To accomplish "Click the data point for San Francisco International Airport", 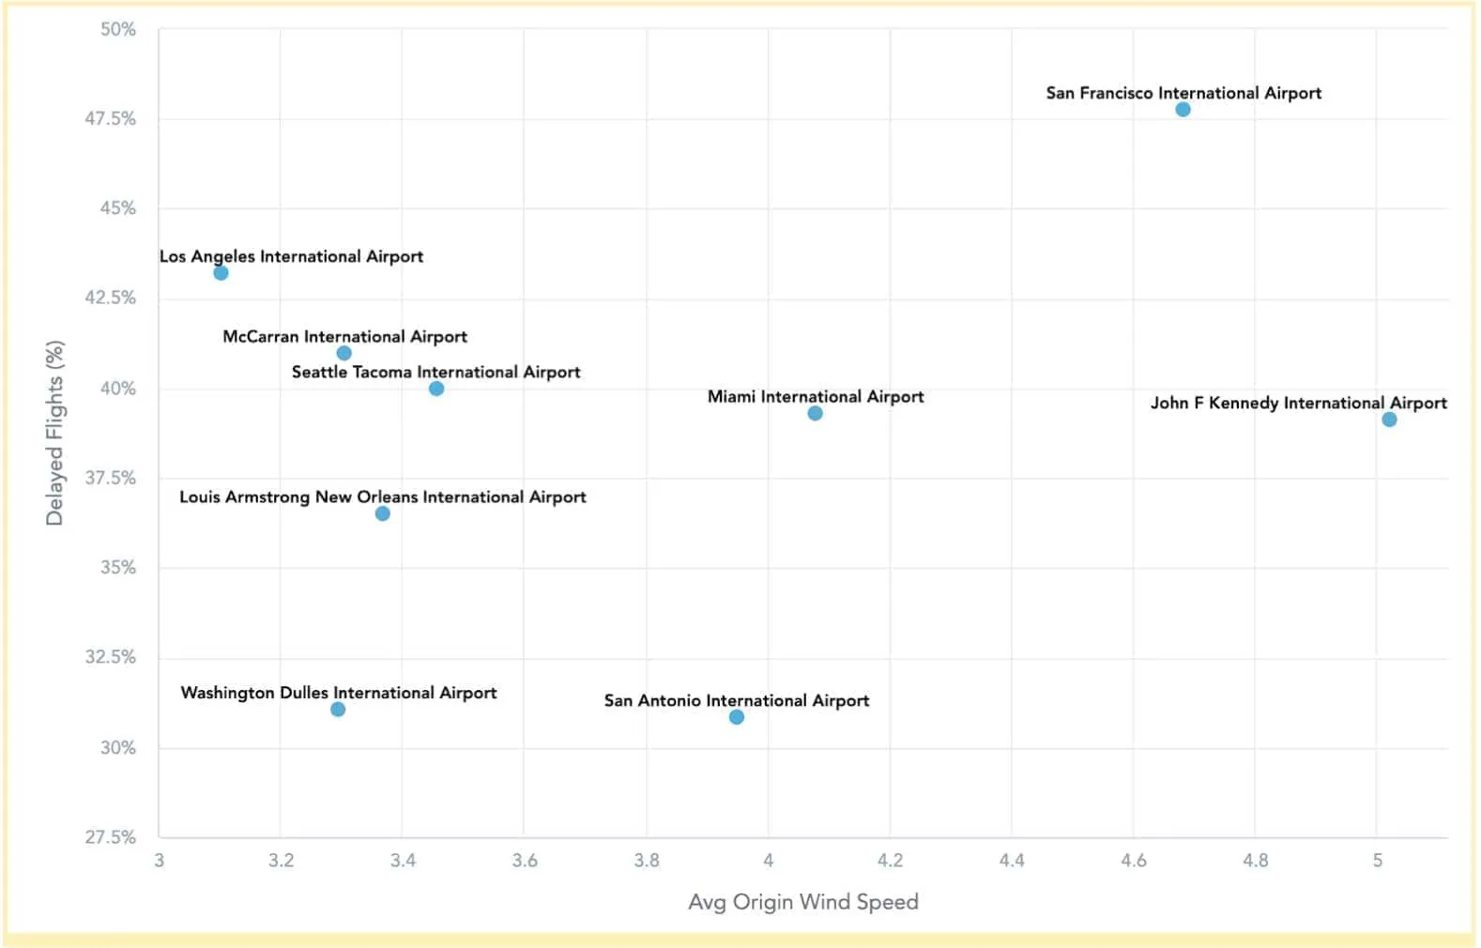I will coord(1183,110).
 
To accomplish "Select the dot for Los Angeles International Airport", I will coord(221,273).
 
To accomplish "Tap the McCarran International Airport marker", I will coord(344,354).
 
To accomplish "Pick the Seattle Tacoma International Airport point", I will coord(436,389).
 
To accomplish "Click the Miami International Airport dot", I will coord(815,414).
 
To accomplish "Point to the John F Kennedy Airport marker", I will coord(1389,420).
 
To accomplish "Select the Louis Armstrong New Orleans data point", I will coord(382,513).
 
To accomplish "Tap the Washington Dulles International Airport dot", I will coord(338,710).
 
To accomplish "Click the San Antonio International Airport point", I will coord(737,717).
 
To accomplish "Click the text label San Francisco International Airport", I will coord(1183,93).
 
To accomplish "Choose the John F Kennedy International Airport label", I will coord(1298,403).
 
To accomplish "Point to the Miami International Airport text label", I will coord(816,396).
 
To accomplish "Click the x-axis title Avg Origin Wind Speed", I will coord(803,902).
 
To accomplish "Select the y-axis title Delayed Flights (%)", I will coord(54,433).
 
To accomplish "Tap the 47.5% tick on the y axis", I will coord(111,118).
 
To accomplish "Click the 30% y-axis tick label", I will coord(118,747).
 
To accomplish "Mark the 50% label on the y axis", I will coord(118,29).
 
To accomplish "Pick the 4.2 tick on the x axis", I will coord(890,861).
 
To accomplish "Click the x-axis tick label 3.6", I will coord(525,861).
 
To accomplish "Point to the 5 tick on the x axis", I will coord(1377,861).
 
